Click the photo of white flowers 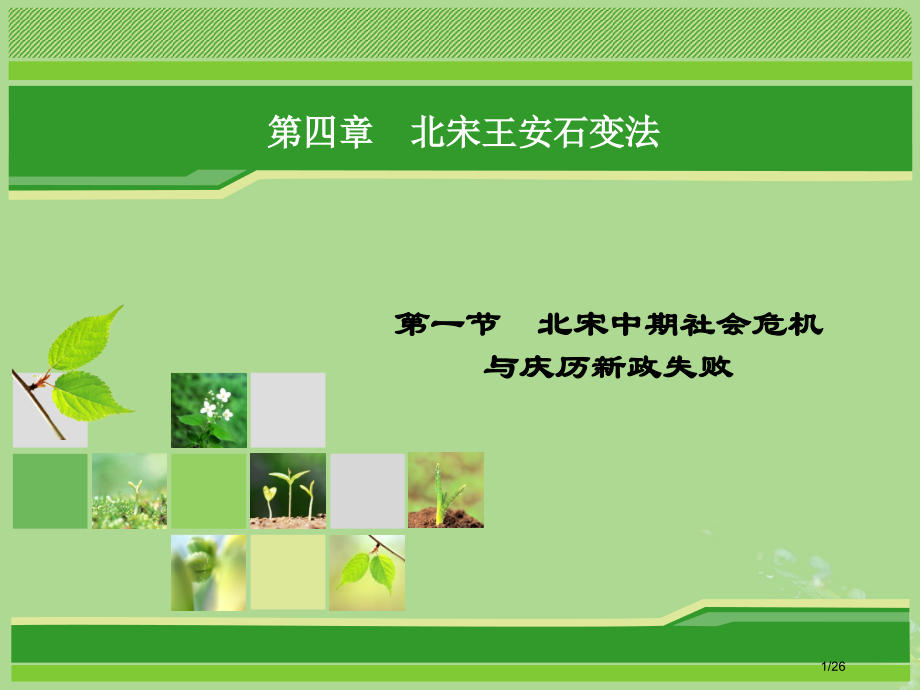[x=209, y=410]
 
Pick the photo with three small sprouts [x=288, y=490]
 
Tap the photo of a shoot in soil [x=446, y=490]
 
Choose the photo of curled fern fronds [x=208, y=572]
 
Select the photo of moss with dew [x=129, y=490]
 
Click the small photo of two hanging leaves [x=367, y=572]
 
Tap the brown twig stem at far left [x=38, y=405]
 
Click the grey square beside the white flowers [x=288, y=410]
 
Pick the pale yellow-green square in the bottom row [x=288, y=572]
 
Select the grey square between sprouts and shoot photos [x=367, y=490]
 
